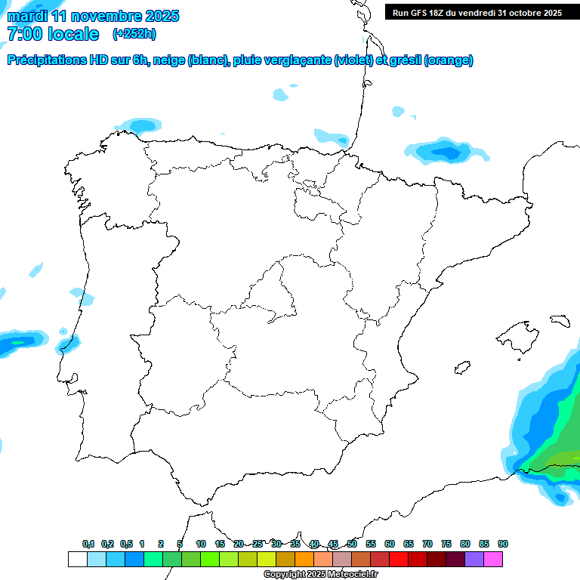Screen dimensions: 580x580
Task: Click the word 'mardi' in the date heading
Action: pos(27,16)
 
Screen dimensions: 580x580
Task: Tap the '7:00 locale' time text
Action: pos(53,34)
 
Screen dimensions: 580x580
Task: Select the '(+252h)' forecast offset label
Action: pos(134,34)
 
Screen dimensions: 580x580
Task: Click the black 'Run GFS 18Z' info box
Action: pos(477,13)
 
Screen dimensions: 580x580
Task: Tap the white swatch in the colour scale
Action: pos(77,559)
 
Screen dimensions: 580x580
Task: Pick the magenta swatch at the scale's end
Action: pos(493,559)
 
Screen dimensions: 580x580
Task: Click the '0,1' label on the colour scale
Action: pos(88,545)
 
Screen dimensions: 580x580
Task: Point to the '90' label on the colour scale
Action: pos(503,545)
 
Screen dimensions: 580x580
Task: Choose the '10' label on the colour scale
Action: pos(201,545)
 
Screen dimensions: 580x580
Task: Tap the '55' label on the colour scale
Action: pos(371,545)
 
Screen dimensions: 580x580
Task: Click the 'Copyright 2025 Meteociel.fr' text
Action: pos(321,575)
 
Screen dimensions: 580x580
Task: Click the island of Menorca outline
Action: pos(560,320)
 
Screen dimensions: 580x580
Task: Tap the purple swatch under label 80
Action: pos(474,559)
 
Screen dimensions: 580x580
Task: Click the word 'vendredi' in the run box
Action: pos(477,13)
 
